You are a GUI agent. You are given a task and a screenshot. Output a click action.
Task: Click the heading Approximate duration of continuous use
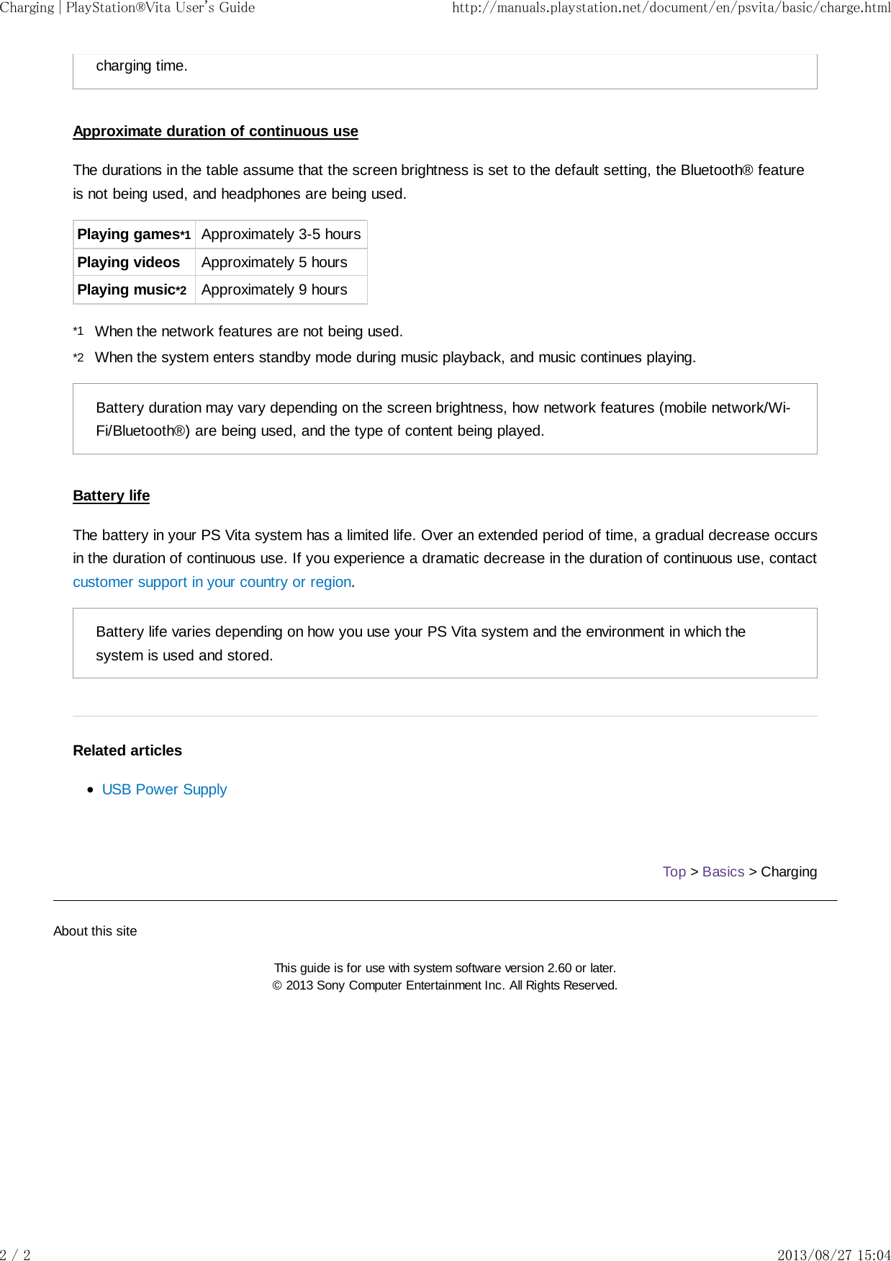coord(215,131)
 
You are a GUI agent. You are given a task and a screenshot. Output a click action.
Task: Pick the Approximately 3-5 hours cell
coord(281,235)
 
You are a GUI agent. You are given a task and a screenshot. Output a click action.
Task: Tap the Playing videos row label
coord(128,262)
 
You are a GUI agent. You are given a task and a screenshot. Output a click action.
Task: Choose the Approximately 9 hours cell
coord(274,290)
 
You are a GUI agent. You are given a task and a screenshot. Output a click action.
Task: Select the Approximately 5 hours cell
coord(274,262)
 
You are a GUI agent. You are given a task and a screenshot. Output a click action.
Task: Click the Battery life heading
coord(111,495)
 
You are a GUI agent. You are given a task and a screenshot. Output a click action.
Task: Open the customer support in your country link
coord(212,582)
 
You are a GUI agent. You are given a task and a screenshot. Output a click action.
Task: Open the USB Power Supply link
coord(164,789)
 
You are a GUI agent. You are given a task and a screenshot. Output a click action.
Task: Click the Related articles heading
coord(127,750)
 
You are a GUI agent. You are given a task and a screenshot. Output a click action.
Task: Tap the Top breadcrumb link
coord(674,871)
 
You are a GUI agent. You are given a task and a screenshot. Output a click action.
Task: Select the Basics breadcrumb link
coord(723,871)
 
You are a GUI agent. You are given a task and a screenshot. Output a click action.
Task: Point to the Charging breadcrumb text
coord(789,871)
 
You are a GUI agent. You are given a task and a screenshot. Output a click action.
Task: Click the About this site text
coord(95,931)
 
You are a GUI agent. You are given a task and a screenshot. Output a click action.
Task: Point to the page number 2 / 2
coord(15,1255)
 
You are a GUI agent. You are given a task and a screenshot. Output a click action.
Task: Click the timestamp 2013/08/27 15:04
coord(833,1255)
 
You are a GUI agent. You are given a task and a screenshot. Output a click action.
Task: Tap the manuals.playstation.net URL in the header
coord(671,8)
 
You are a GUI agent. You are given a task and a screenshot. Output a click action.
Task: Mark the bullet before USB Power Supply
coord(90,790)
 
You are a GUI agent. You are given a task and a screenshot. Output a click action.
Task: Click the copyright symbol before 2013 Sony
coord(277,986)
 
